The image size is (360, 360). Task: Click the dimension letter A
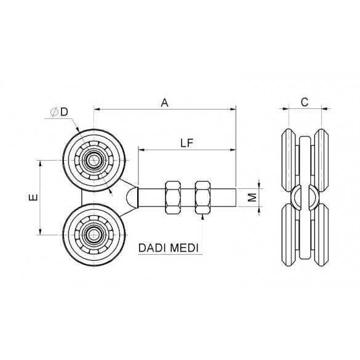coord(164,103)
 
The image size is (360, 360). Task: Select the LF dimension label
coord(187,143)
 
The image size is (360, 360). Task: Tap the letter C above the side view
coord(305,102)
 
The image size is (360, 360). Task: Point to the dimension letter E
coord(33,197)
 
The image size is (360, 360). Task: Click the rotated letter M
coord(252,197)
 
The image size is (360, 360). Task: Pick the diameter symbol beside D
coord(54,112)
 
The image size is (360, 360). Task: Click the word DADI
coord(153,248)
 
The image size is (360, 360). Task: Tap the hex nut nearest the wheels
coord(173,198)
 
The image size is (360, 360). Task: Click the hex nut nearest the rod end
coord(202,198)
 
